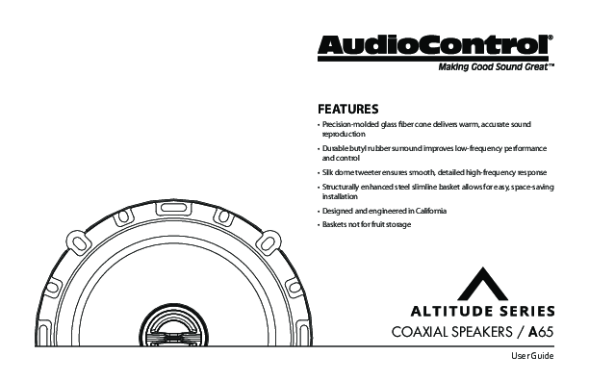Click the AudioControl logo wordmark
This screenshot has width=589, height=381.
(x=433, y=45)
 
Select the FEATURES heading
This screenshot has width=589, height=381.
(x=347, y=110)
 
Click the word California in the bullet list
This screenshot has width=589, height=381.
(x=431, y=211)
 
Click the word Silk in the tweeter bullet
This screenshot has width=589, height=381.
(x=327, y=172)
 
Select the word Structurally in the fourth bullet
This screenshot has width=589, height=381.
(x=341, y=187)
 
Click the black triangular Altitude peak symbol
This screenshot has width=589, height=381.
(x=483, y=286)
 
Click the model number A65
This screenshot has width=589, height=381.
(x=541, y=332)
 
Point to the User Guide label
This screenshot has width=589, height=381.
(x=532, y=356)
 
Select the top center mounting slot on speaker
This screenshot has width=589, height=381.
(x=173, y=208)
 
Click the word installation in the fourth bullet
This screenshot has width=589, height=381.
(x=340, y=196)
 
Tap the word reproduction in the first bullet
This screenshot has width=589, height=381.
(x=344, y=135)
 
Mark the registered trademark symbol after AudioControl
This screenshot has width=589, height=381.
(x=551, y=38)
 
